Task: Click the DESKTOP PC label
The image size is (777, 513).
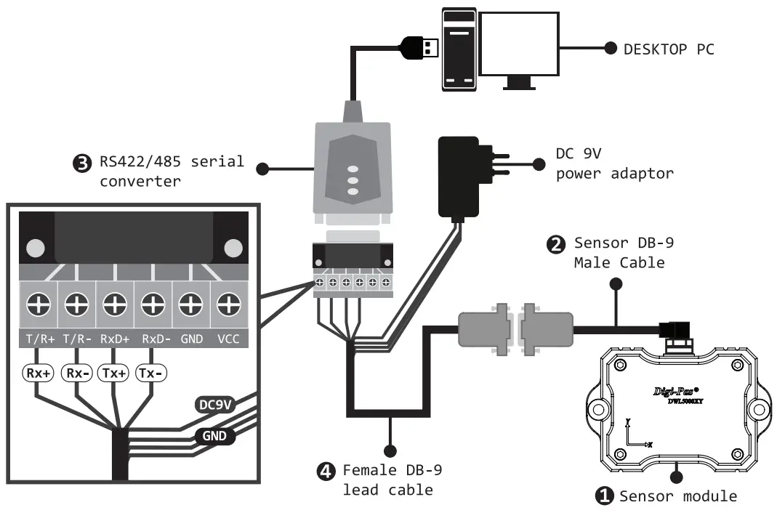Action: click(669, 49)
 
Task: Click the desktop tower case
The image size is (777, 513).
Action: click(458, 50)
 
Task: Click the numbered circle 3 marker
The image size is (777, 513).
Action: click(84, 163)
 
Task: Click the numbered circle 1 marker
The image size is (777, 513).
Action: click(604, 496)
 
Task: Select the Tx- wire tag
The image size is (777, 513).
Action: click(151, 373)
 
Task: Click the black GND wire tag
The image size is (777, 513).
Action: click(214, 436)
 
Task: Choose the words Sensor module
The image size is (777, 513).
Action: click(677, 496)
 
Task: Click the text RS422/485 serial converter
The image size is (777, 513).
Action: click(172, 171)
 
